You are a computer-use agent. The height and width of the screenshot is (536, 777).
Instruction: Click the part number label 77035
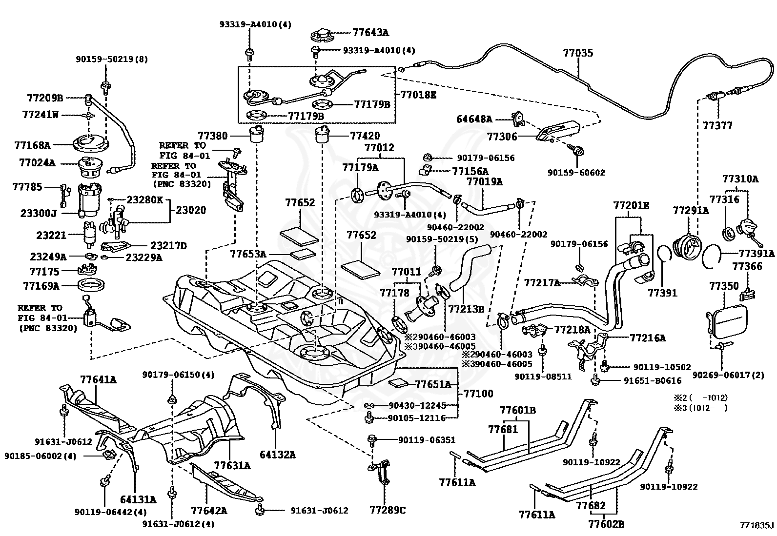point(578,53)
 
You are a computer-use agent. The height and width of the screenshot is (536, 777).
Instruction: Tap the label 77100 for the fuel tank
point(478,394)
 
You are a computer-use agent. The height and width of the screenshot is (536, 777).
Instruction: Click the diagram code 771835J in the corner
point(755,525)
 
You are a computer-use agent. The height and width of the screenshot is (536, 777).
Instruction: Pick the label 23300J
point(38,213)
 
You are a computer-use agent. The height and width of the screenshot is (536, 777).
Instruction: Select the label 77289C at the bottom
point(388,510)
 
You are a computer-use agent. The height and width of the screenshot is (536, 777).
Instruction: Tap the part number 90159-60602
point(576,172)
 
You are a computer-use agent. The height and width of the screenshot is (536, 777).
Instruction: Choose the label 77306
point(502,137)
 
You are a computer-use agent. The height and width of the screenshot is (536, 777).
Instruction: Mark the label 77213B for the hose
point(466,309)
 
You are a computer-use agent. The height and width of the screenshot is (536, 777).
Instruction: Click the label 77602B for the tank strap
point(606,524)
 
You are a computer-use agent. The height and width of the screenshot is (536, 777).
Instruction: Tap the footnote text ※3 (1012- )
point(701,408)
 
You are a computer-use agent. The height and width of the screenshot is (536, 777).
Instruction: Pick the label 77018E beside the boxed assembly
point(418,95)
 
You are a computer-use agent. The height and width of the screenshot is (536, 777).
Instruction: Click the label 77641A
point(99,379)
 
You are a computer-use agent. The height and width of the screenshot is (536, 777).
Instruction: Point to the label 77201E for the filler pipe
point(631,206)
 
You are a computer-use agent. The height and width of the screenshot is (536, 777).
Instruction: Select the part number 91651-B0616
point(653,380)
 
